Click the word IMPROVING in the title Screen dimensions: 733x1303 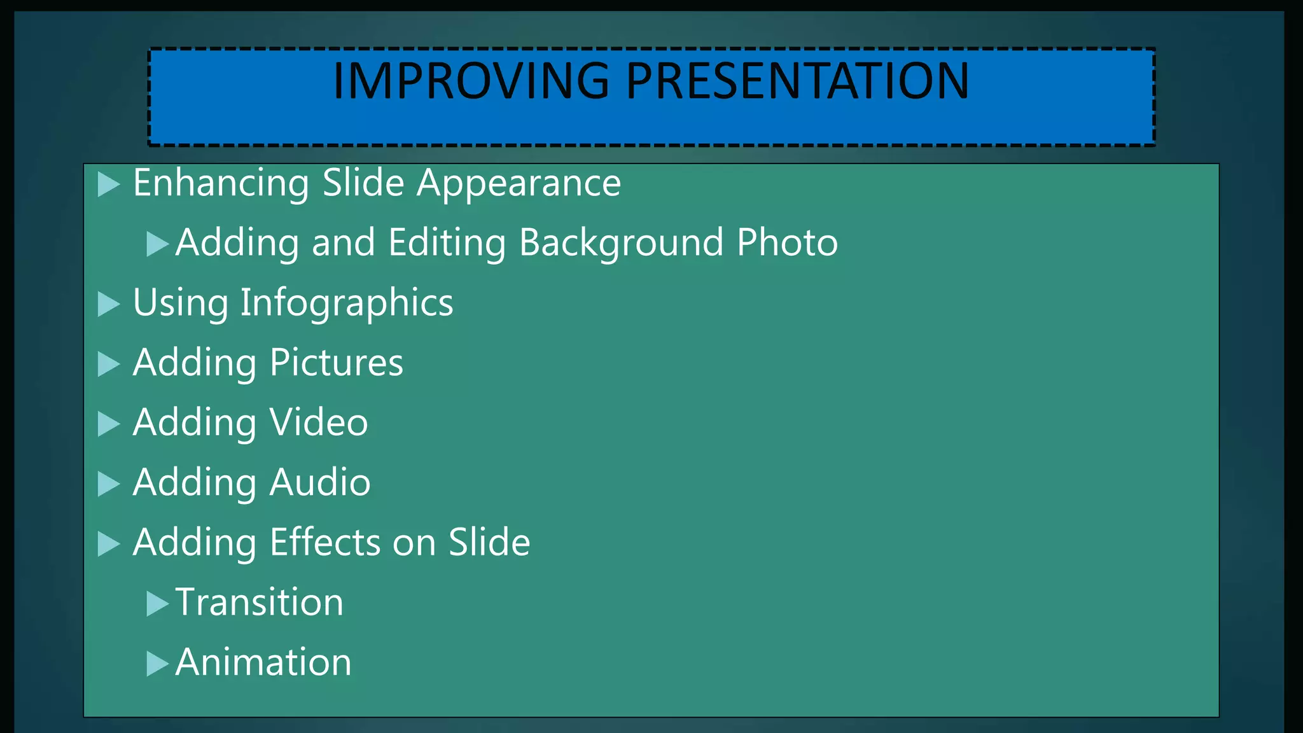click(x=471, y=81)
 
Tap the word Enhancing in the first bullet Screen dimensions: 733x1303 click(x=221, y=183)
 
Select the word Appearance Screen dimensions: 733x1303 click(x=519, y=183)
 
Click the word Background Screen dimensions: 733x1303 click(x=621, y=243)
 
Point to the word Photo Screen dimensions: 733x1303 click(x=787, y=243)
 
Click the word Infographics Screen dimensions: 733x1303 click(x=347, y=303)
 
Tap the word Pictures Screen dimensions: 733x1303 click(x=336, y=363)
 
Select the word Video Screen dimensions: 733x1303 click(x=319, y=422)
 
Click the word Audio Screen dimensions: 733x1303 click(x=320, y=482)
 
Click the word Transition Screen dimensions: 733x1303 click(x=259, y=602)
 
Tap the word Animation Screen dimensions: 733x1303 click(x=263, y=662)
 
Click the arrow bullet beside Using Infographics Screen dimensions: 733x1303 click(x=108, y=304)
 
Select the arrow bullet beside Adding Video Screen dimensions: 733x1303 click(x=108, y=424)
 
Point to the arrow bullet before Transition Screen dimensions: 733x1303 click(x=157, y=604)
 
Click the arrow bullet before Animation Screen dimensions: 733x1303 click(x=157, y=664)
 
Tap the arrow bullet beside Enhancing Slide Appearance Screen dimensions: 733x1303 click(x=108, y=185)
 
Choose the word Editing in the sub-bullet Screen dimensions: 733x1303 click(x=447, y=243)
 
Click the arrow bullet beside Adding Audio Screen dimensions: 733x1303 click(x=108, y=484)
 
